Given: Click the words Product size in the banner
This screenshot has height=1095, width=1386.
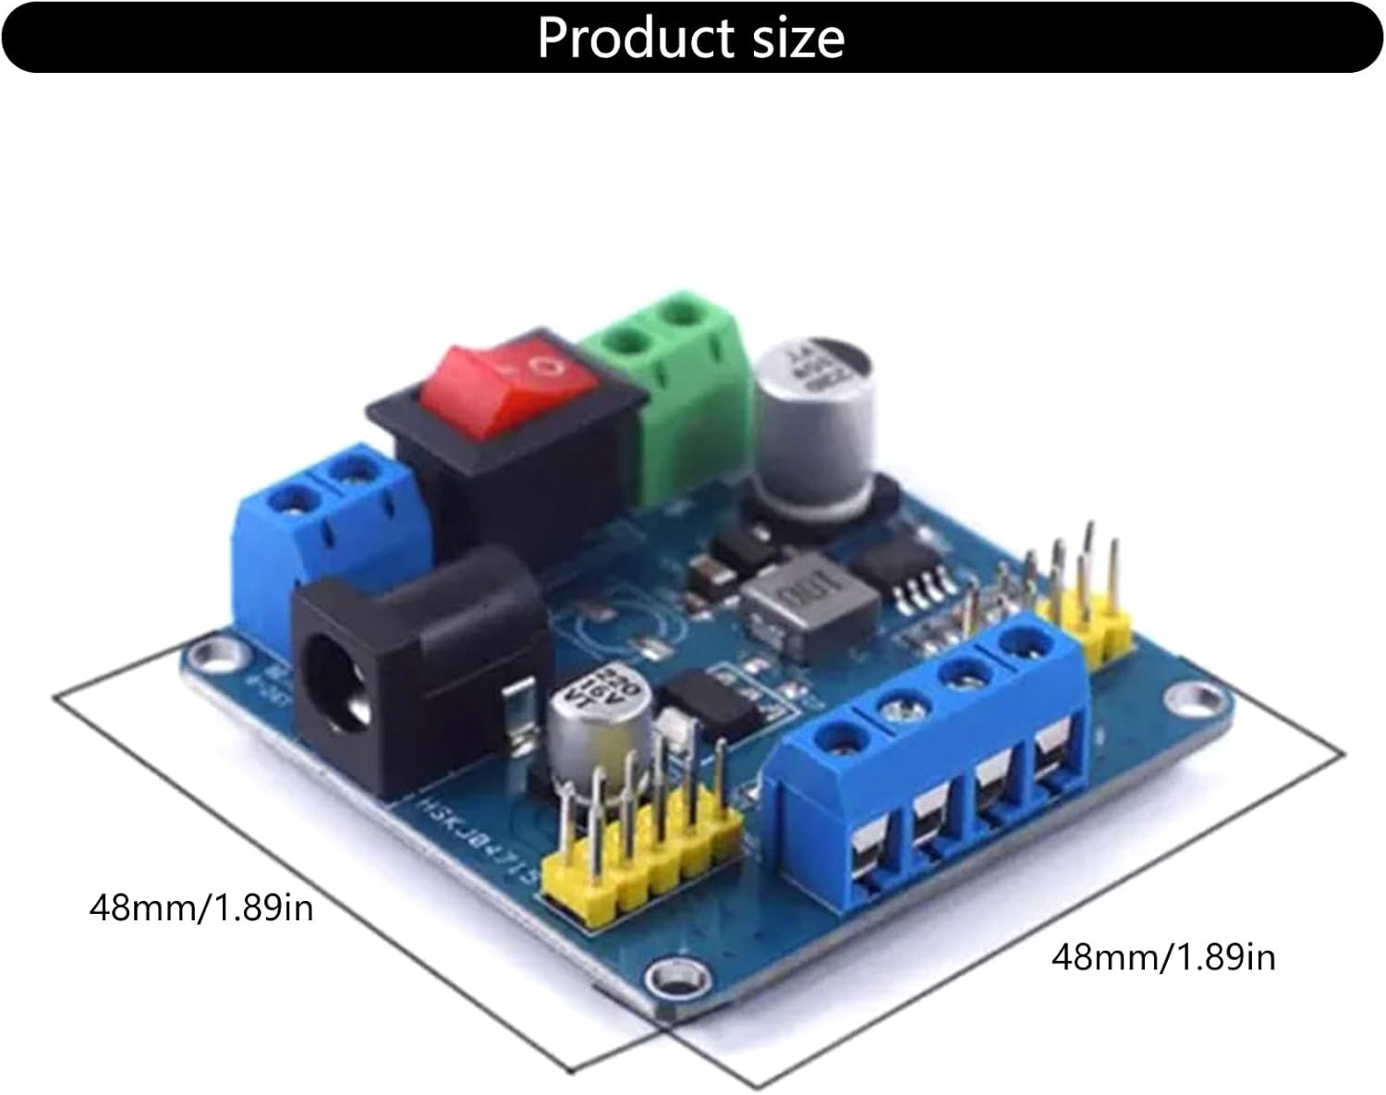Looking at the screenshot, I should [691, 38].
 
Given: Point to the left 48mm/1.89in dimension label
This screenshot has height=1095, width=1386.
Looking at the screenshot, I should [201, 907].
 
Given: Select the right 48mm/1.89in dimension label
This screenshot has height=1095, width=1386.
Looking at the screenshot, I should [1162, 956].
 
